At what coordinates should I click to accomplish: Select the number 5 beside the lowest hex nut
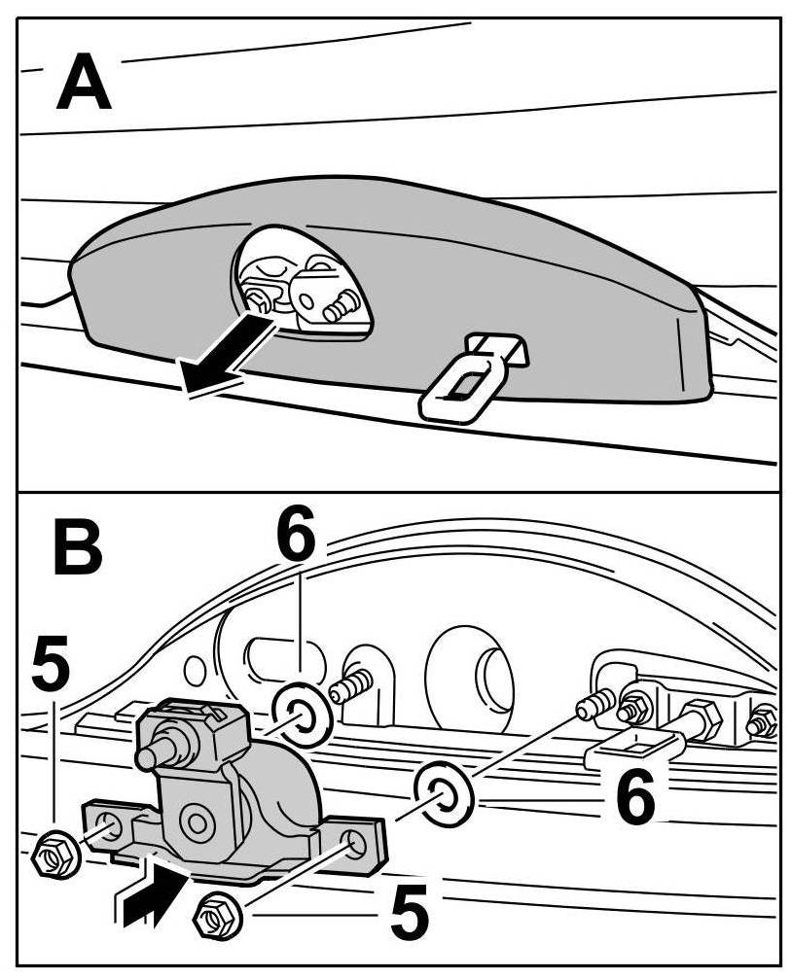410,913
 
